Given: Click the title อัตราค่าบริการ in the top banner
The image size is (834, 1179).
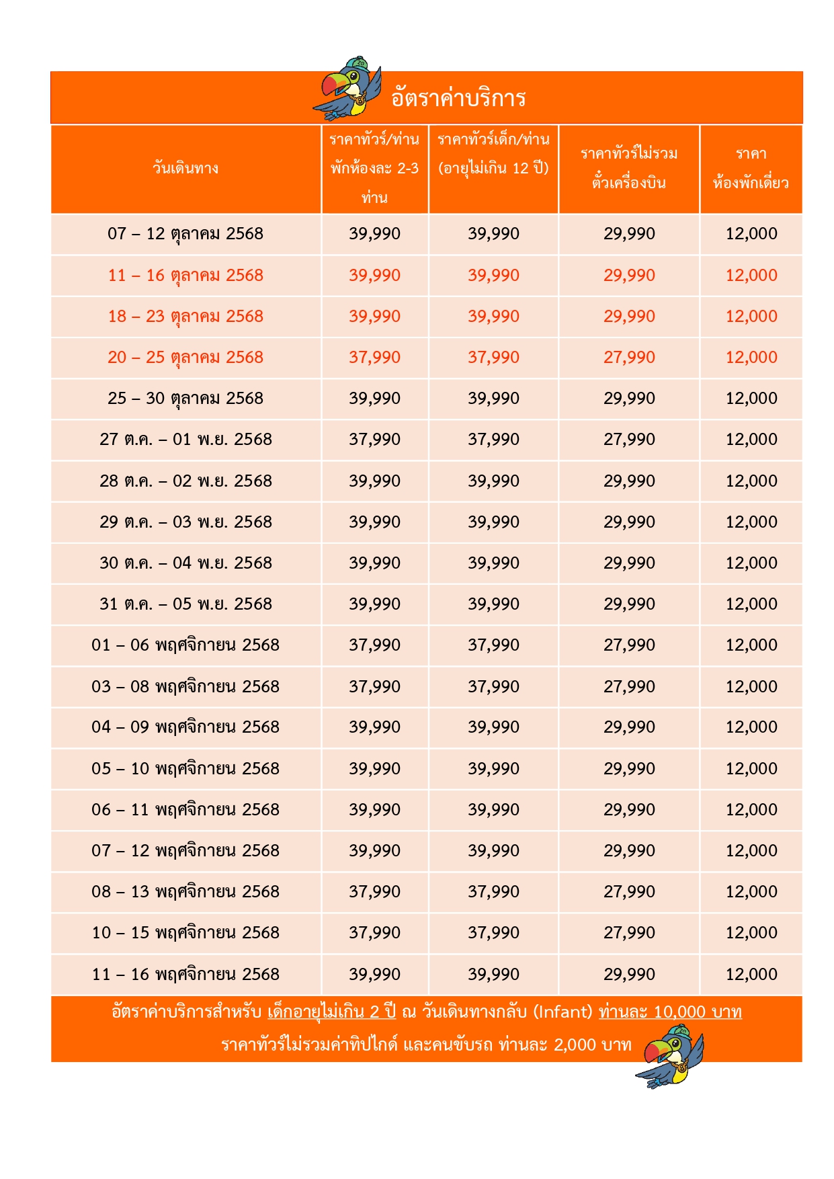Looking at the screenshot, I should [458, 98].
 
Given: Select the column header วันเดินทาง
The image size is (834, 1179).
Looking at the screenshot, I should [185, 168].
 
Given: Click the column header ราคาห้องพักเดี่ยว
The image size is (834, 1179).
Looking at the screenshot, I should [751, 168].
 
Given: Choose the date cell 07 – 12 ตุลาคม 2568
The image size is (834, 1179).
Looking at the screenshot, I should [185, 234].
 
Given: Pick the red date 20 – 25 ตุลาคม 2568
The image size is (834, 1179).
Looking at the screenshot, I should [185, 358].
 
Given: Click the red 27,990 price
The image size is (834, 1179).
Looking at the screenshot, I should [629, 358].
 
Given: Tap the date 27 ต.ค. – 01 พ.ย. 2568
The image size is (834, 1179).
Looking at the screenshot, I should [185, 440].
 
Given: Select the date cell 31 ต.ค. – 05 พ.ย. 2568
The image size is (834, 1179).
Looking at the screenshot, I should [185, 604].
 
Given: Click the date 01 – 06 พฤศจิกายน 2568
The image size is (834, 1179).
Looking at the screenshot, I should [185, 645].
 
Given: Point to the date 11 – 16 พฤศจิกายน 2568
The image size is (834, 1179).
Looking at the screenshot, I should [185, 975].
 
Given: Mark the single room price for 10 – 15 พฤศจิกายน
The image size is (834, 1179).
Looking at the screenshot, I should [751, 933].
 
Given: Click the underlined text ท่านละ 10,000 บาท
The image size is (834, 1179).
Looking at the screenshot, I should [670, 1012].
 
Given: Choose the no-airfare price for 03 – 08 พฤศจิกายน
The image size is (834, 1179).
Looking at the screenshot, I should [629, 687].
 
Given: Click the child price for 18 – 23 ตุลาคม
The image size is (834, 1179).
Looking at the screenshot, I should [494, 317].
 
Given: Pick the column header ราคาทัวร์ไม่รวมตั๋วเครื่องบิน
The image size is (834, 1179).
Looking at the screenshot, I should [629, 168].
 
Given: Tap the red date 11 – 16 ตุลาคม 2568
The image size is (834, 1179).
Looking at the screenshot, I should [185, 276].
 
